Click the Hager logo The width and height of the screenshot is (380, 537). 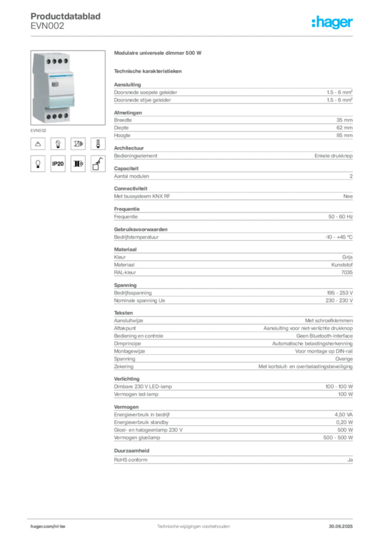(x=332, y=22)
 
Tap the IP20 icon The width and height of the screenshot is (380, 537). (x=58, y=164)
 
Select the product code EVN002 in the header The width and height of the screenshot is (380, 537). (x=47, y=26)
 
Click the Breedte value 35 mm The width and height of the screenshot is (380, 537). (x=344, y=120)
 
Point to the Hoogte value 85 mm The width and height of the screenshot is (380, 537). (x=344, y=135)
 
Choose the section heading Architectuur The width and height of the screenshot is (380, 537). (x=129, y=148)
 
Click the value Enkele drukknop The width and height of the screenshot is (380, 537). (x=333, y=155)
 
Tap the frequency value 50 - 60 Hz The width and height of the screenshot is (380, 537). (x=340, y=217)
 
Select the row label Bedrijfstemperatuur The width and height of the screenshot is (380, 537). (x=136, y=237)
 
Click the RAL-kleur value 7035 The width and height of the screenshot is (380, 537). (x=347, y=272)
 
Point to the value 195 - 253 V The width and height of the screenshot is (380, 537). (x=340, y=293)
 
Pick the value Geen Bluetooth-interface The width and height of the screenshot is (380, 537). (x=324, y=336)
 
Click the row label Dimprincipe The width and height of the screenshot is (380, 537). (x=128, y=343)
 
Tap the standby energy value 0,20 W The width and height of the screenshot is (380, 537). (x=344, y=422)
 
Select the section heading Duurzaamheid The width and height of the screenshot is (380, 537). (x=132, y=450)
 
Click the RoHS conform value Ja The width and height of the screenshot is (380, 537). (x=350, y=460)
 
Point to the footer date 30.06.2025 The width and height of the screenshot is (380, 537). (x=341, y=527)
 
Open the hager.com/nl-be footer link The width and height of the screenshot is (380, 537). (x=48, y=527)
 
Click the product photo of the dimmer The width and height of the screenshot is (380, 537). (x=68, y=88)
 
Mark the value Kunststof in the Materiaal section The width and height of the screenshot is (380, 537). (x=342, y=265)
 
